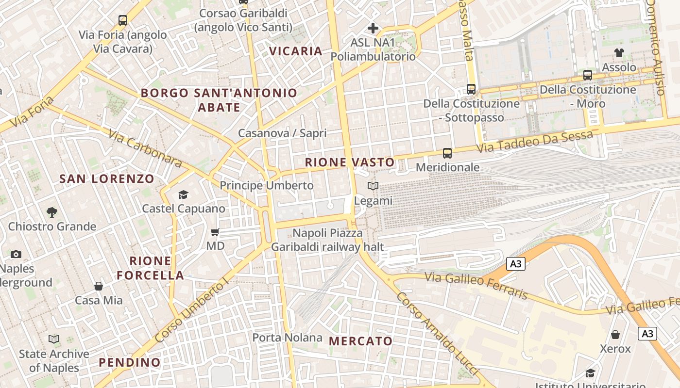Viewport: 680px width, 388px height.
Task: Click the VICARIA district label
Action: (x=295, y=51)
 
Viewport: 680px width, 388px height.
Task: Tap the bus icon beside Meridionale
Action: (x=447, y=153)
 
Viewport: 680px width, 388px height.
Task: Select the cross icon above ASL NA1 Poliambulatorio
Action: (x=373, y=28)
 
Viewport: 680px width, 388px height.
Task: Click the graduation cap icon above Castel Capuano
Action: (x=183, y=194)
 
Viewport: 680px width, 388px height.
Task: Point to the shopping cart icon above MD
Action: (x=215, y=232)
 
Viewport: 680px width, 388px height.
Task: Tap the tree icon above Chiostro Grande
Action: (x=51, y=212)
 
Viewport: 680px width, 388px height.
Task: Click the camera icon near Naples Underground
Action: (x=16, y=254)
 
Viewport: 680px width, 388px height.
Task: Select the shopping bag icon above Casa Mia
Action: (x=99, y=286)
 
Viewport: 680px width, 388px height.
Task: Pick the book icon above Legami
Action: (x=373, y=186)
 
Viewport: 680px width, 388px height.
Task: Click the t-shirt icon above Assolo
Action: (x=619, y=53)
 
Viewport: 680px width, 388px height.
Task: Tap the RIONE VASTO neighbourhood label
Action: (x=350, y=162)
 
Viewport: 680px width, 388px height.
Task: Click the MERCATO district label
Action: (x=360, y=341)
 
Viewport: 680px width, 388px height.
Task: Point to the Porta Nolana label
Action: (x=287, y=337)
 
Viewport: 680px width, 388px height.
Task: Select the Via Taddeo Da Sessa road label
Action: (x=534, y=141)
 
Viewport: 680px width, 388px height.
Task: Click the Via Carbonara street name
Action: (x=145, y=148)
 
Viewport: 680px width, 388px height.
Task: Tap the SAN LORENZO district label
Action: (x=107, y=179)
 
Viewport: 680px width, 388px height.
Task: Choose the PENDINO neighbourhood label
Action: (x=130, y=362)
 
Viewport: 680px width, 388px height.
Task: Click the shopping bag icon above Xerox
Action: (x=615, y=335)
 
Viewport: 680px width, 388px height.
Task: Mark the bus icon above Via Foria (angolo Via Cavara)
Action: (x=123, y=20)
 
